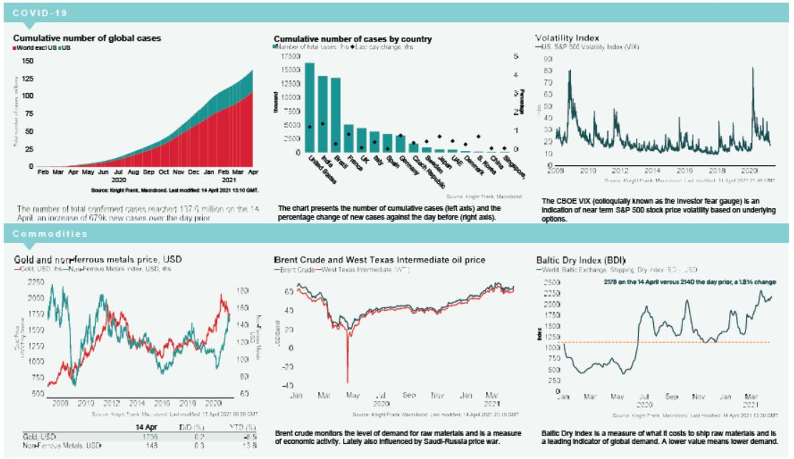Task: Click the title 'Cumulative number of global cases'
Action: (87, 37)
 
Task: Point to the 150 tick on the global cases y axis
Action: (28, 61)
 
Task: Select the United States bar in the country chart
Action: (309, 107)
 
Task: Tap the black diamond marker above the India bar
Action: (323, 124)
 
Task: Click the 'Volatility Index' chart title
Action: (567, 37)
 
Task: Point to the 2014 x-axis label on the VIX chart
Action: (652, 172)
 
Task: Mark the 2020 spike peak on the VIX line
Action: (753, 69)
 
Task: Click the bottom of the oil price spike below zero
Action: (347, 382)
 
